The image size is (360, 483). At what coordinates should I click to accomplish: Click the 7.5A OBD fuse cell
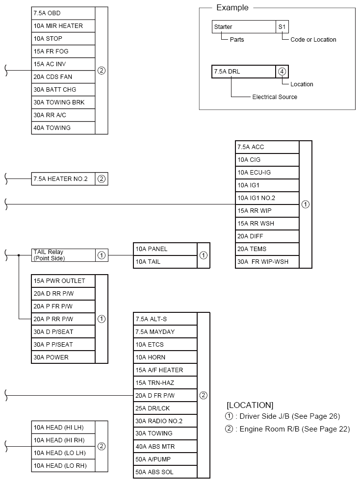pos(63,13)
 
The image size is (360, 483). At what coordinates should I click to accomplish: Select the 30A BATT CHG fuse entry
pos(63,90)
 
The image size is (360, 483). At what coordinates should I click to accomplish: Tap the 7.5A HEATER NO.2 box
pos(63,179)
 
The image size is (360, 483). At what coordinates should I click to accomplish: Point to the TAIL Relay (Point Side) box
pos(63,255)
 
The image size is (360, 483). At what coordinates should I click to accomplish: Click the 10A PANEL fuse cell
pos(165,249)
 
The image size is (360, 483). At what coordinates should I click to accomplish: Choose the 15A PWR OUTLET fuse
pos(63,281)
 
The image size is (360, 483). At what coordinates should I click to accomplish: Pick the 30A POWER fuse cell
pos(63,357)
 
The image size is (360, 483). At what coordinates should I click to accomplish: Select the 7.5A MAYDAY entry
pos(165,332)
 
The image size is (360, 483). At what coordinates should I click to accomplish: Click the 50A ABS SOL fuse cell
pos(165,472)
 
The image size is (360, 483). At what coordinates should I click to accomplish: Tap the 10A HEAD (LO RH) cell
pos(63,466)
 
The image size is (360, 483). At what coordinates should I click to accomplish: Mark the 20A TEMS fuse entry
pos(267,249)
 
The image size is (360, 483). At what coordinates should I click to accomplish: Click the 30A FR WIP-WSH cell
pos(267,262)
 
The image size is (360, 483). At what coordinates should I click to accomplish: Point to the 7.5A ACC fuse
pos(267,147)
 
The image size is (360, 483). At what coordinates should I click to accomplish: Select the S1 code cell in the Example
pos(282,27)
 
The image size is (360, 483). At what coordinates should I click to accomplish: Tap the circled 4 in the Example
pos(282,72)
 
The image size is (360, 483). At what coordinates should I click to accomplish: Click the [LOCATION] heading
pos(250,406)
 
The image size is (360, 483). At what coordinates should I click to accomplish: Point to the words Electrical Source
pos(275,97)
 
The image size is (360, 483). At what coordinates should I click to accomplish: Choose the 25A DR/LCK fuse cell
pos(165,408)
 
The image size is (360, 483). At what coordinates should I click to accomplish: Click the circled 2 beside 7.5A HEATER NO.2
pos(102,179)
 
